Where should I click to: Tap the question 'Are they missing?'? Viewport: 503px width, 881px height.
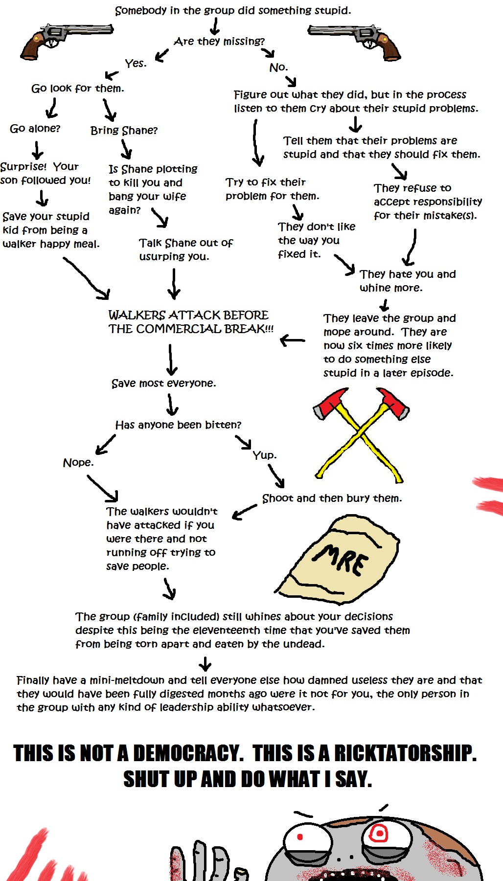[x=219, y=42]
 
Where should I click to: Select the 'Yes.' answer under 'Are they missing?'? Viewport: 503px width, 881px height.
[x=136, y=64]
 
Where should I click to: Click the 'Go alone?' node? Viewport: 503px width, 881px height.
[x=35, y=129]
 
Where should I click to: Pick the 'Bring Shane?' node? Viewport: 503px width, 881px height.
[x=124, y=131]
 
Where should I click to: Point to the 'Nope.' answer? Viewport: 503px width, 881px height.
[x=78, y=463]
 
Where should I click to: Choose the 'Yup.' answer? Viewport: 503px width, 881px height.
[x=264, y=455]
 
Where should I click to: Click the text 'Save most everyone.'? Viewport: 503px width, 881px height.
[x=163, y=384]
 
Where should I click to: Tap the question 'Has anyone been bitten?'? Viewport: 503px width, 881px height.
[x=178, y=425]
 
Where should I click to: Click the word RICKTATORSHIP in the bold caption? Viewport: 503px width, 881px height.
[x=405, y=753]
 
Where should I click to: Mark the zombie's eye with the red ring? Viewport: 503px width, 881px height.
[x=378, y=833]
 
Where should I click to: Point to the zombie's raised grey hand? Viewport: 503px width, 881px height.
[x=201, y=861]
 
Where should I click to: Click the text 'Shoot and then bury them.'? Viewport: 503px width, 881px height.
[x=332, y=498]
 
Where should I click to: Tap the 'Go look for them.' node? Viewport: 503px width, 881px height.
[x=77, y=89]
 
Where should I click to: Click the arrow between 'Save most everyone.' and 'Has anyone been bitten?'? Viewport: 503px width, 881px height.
[x=171, y=405]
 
